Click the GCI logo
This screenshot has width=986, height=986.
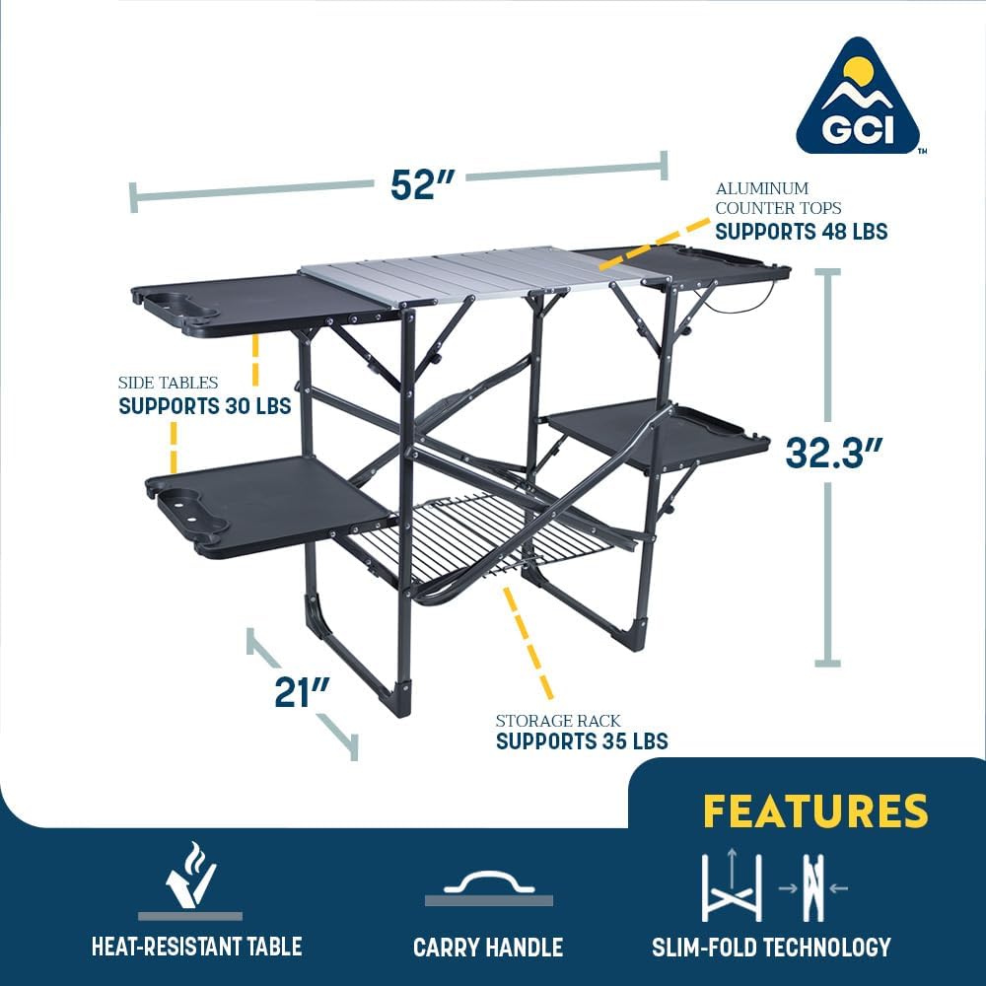click(x=857, y=99)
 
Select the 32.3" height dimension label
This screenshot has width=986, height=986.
click(x=832, y=453)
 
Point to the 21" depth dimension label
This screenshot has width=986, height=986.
click(x=301, y=690)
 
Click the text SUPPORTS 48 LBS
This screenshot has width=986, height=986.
click(x=801, y=232)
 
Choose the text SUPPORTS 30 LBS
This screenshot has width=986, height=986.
click(x=204, y=406)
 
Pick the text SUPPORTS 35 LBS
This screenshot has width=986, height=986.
click(x=582, y=741)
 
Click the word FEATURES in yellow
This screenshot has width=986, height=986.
click(x=814, y=810)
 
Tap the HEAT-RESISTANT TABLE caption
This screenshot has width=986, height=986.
click(x=196, y=948)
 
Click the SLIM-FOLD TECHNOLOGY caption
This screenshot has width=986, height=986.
click(x=771, y=948)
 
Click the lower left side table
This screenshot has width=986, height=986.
click(x=266, y=503)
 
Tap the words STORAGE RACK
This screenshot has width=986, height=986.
click(x=558, y=721)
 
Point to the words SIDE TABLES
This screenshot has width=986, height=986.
click(x=168, y=383)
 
